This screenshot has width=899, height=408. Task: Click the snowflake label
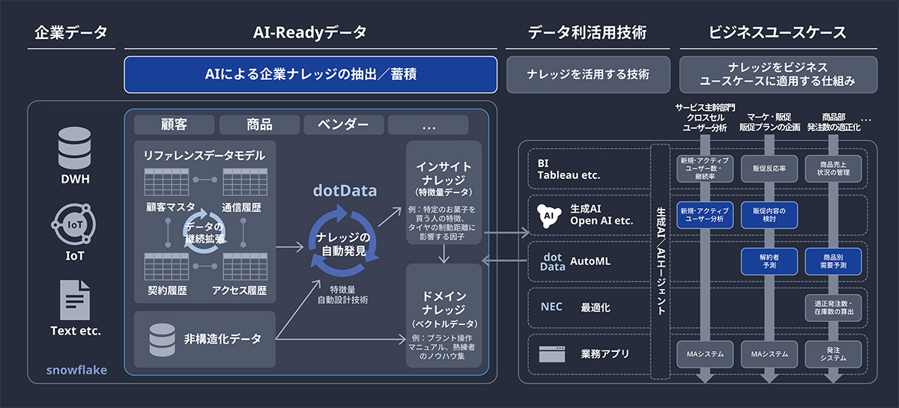coord(76,370)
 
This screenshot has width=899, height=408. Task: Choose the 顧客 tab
coord(175,124)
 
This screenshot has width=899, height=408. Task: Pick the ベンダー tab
coord(343,124)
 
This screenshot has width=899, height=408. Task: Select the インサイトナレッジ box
coord(444,192)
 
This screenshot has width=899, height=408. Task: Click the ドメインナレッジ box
coord(444,315)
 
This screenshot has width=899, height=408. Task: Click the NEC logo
coord(551,307)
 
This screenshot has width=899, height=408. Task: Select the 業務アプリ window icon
coord(551,353)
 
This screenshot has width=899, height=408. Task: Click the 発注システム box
coord(833,353)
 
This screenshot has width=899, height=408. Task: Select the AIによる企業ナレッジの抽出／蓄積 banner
coord(311,75)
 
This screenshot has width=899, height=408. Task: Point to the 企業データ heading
coord(71,33)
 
